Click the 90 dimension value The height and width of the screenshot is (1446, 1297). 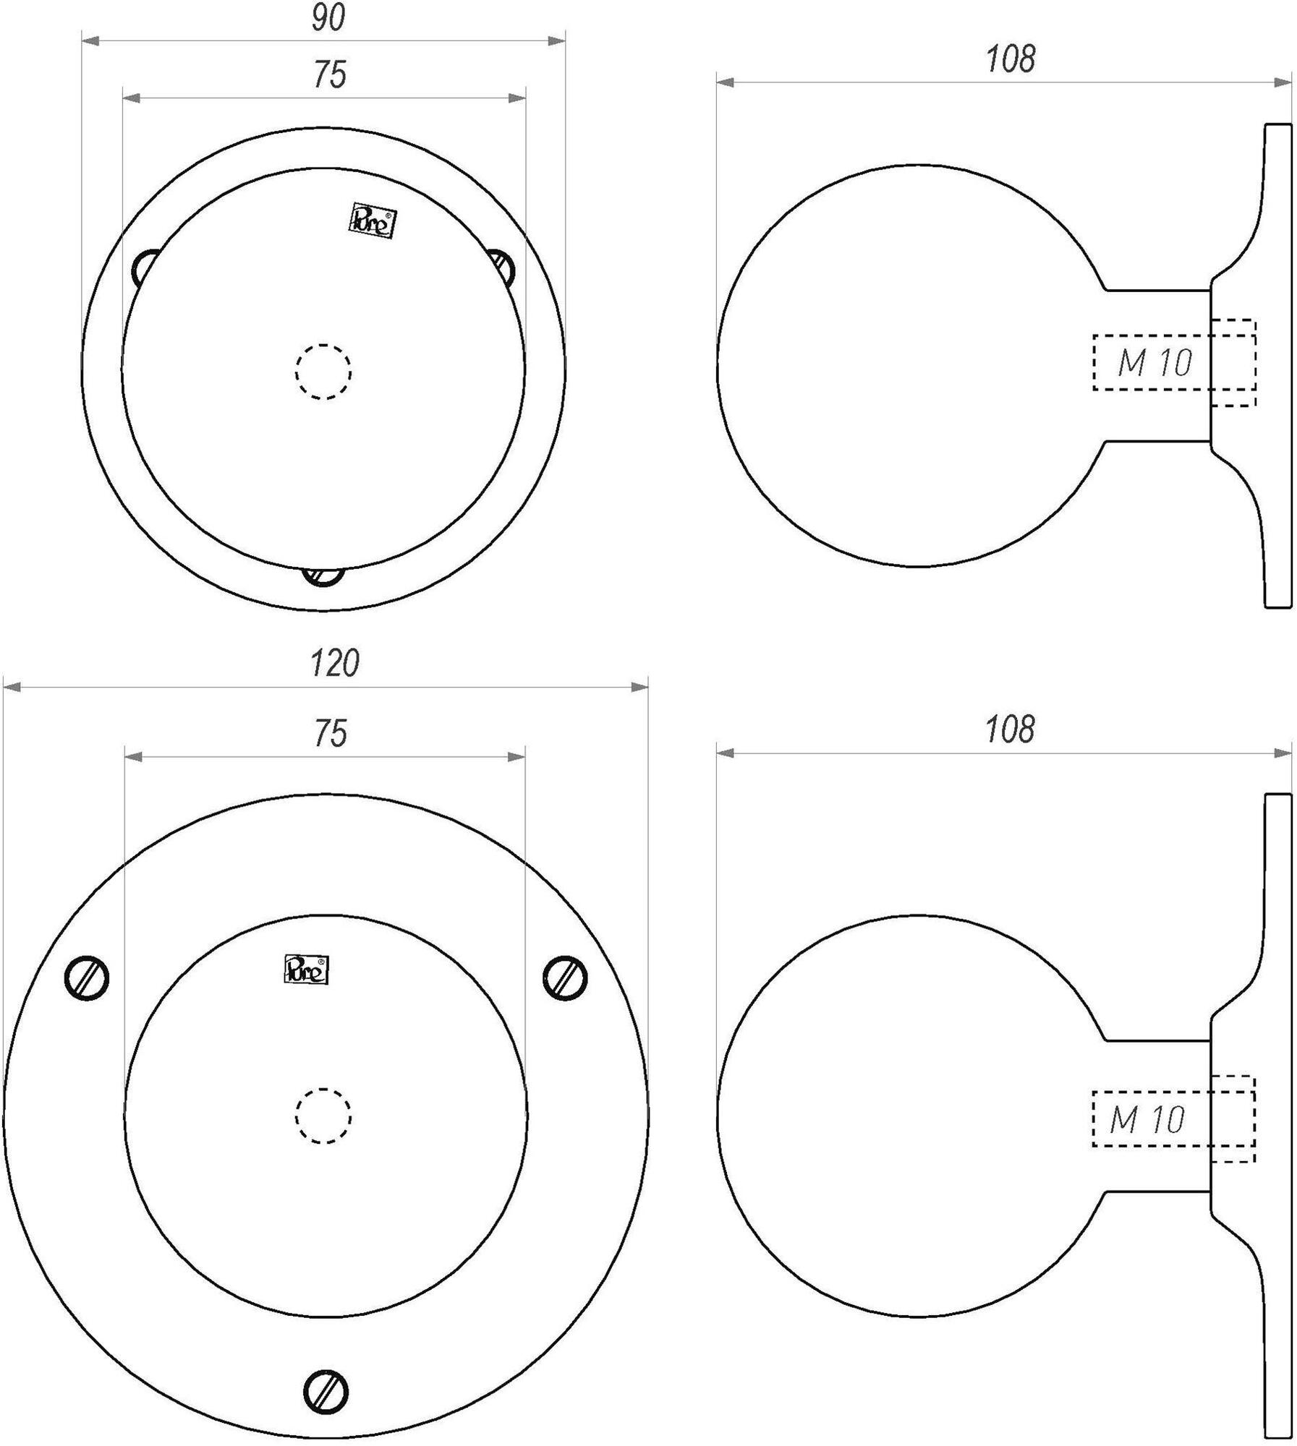click(328, 19)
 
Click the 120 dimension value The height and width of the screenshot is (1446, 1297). click(334, 663)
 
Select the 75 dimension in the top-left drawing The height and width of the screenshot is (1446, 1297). click(329, 74)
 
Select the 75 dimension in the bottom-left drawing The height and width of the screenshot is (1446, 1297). click(330, 733)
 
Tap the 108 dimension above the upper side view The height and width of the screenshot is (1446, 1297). click(1011, 59)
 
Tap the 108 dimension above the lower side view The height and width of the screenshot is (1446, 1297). click(1010, 730)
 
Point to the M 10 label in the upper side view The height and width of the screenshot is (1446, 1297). click(1154, 363)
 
